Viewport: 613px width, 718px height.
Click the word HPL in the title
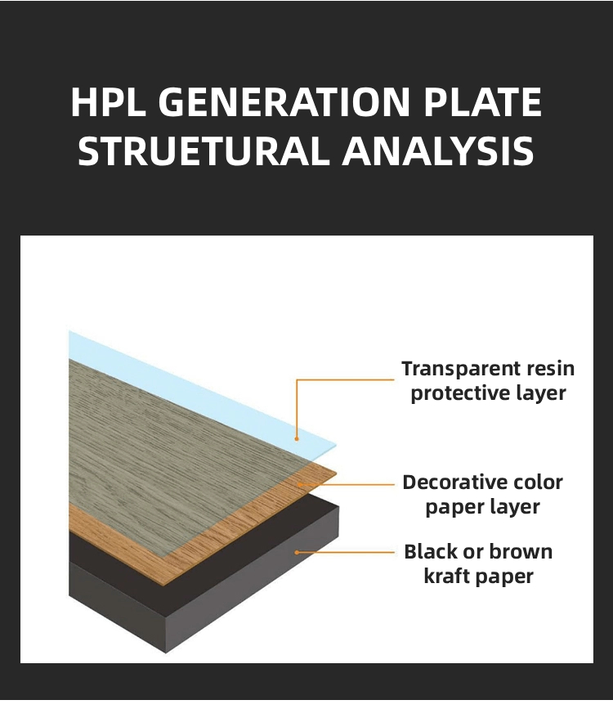coord(108,101)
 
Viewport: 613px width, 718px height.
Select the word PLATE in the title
coord(482,101)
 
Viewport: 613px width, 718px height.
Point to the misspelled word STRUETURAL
coord(204,150)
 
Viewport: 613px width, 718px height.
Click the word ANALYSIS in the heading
coord(438,150)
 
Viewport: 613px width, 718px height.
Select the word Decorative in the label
coord(454,482)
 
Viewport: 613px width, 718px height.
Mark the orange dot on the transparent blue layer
coord(297,438)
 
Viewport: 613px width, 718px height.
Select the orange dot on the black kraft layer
coord(297,552)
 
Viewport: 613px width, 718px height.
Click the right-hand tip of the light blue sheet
coord(336,445)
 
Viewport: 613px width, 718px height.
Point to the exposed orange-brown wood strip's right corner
coord(337,473)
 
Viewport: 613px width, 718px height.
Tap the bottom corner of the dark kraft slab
coord(166,652)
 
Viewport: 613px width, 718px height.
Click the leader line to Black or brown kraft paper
coord(345,552)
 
